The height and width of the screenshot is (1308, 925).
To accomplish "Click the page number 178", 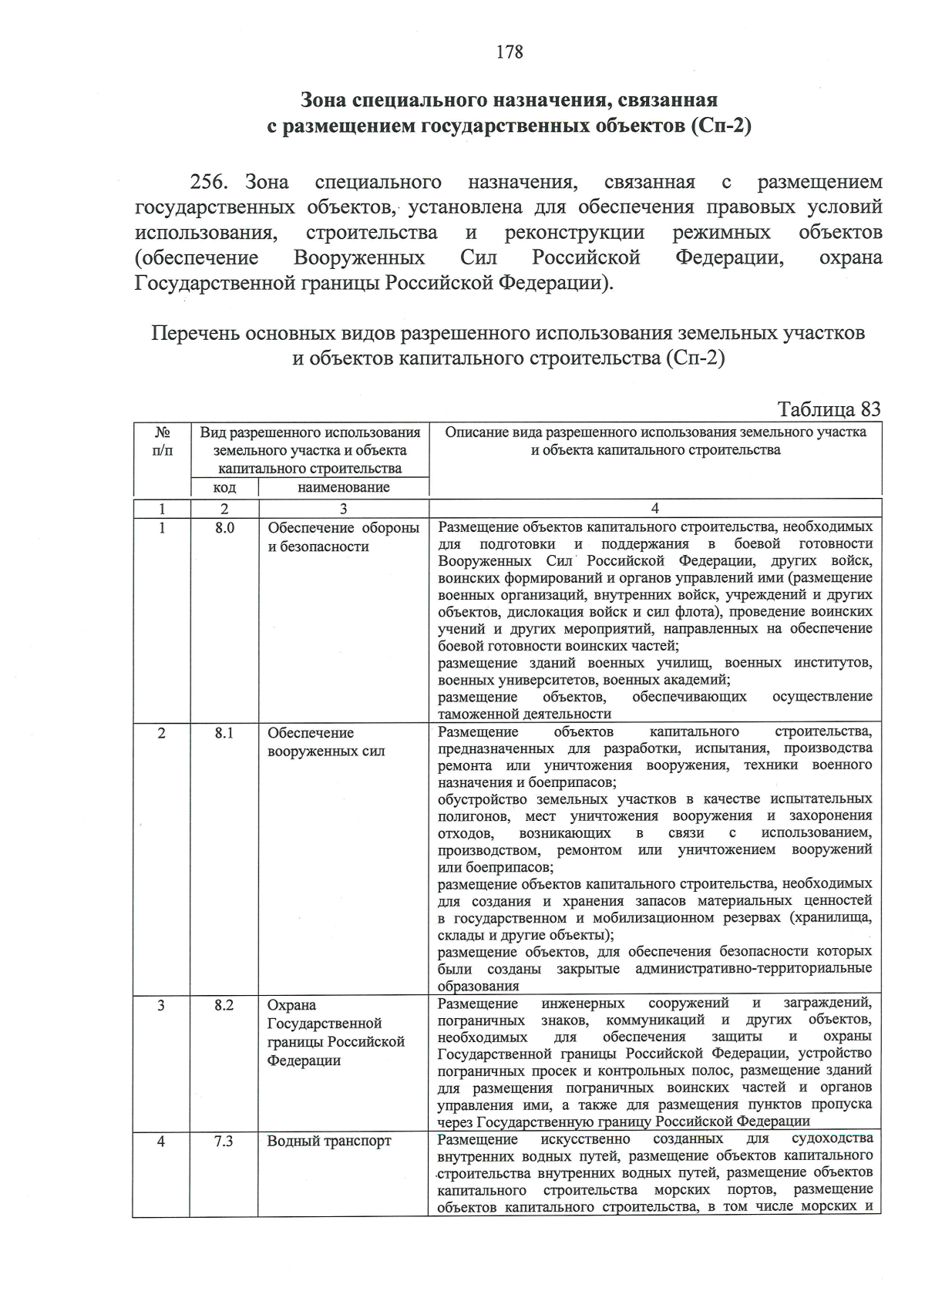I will click(510, 52).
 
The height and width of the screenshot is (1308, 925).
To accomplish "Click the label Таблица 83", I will click(829, 409).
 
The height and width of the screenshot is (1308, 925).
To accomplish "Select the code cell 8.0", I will click(224, 528).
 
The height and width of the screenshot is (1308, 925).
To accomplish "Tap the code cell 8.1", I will click(224, 733).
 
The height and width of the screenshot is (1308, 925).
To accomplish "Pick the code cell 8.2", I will click(224, 1005).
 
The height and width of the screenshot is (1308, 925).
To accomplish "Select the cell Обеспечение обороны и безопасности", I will click(343, 537).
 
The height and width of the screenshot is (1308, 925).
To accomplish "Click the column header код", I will click(224, 488).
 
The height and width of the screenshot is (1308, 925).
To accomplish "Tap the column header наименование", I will click(343, 487).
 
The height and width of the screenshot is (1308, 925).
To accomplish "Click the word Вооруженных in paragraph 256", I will click(358, 257).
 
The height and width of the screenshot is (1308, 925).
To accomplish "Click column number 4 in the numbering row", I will click(654, 508).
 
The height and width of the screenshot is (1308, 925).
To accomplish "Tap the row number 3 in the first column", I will click(161, 1005).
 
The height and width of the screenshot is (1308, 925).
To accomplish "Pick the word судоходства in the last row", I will click(832, 1138).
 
